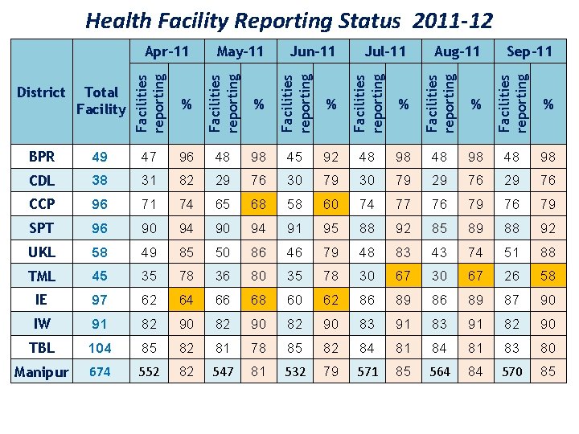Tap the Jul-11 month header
pyautogui.click(x=385, y=51)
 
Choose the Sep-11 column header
pyautogui.click(x=529, y=51)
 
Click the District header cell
pyautogui.click(x=41, y=92)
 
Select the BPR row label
pyautogui.click(x=41, y=155)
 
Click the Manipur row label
pyautogui.click(x=41, y=372)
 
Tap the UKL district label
pyautogui.click(x=41, y=252)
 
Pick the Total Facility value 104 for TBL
pyautogui.click(x=101, y=348)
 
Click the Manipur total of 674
pyautogui.click(x=101, y=372)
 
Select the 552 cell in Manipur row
pyautogui.click(x=150, y=372)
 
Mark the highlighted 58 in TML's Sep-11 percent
pyautogui.click(x=548, y=276)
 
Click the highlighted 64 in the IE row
pyautogui.click(x=187, y=300)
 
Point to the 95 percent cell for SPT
pyautogui.click(x=331, y=227)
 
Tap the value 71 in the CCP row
pyautogui.click(x=150, y=203)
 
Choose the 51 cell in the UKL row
pyautogui.click(x=512, y=252)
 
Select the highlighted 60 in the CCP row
pyautogui.click(x=331, y=203)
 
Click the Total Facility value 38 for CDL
pyautogui.click(x=101, y=179)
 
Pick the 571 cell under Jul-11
pyautogui.click(x=368, y=372)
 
